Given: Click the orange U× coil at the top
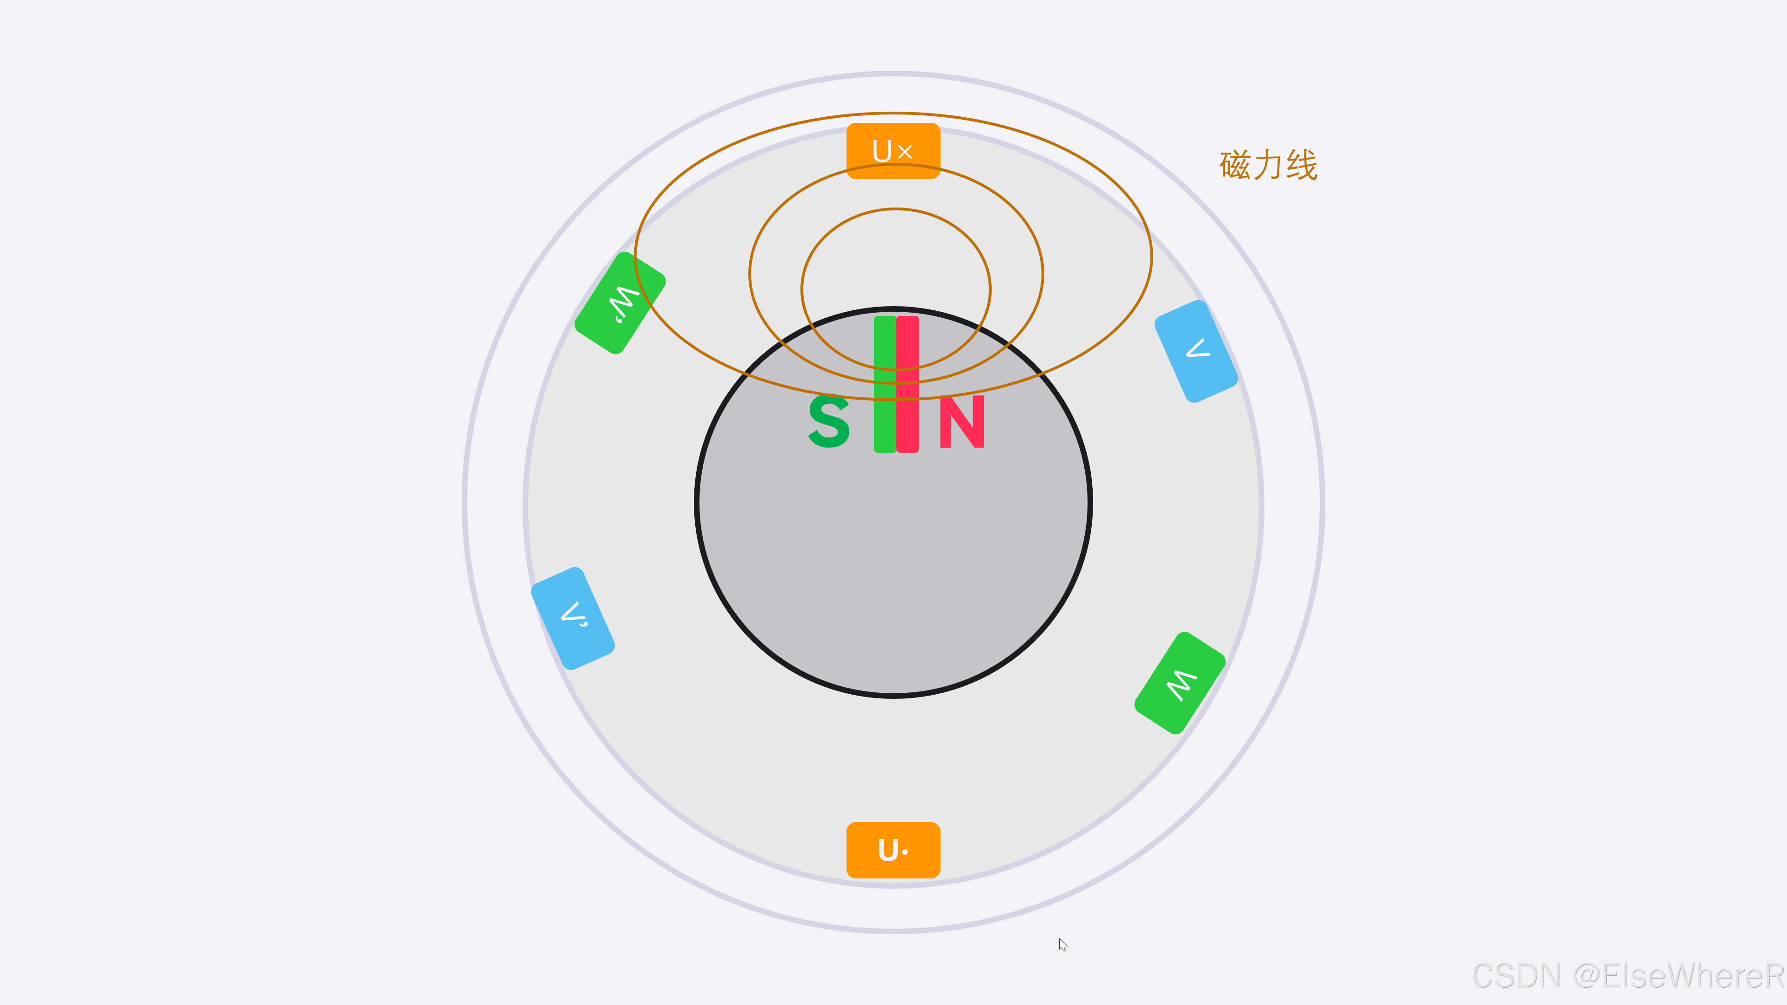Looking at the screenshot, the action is [893, 150].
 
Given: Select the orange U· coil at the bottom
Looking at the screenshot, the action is [893, 850].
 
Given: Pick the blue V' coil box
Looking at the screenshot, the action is [573, 618].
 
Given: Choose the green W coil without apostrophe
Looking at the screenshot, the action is [1179, 683].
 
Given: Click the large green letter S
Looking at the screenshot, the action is [829, 421].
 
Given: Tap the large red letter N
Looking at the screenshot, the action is [961, 422].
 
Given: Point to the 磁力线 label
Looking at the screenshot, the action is [1268, 165].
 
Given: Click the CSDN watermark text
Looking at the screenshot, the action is [1627, 976].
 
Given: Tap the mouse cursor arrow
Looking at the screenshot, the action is [1062, 944].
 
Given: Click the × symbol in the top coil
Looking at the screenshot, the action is [905, 151].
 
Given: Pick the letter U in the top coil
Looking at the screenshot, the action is [882, 150].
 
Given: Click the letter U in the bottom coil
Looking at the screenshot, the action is [887, 850].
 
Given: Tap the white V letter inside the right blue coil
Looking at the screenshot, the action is [1198, 348].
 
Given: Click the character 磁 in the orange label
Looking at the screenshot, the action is [1235, 165].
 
